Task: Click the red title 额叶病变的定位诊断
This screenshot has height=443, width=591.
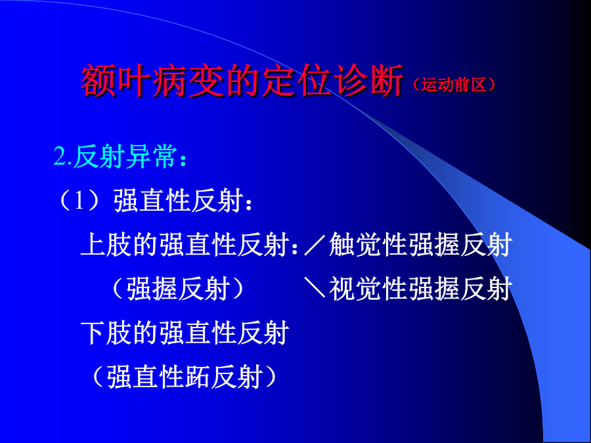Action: pyautogui.click(x=242, y=81)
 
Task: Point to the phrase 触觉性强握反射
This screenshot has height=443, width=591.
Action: pyautogui.click(x=421, y=245)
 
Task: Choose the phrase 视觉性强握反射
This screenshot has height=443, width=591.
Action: pyautogui.click(x=421, y=289)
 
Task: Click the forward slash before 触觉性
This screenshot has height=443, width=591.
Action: pyautogui.click(x=315, y=245)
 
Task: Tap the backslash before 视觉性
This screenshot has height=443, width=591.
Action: pyautogui.click(x=315, y=288)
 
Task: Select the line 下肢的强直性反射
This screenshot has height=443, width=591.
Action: pyautogui.click(x=185, y=333)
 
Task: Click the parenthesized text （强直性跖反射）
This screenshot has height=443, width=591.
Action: pyautogui.click(x=185, y=377)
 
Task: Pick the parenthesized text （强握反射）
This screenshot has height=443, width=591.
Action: pyautogui.click(x=178, y=289)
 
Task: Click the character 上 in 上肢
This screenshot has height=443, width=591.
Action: pyautogui.click(x=93, y=245)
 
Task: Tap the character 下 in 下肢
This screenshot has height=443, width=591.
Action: pyautogui.click(x=93, y=333)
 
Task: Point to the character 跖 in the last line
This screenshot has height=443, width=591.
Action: pyautogui.click(x=198, y=377)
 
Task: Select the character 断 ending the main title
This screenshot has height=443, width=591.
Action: pyautogui.click(x=386, y=81)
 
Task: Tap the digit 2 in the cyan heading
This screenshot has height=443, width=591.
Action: pyautogui.click(x=60, y=156)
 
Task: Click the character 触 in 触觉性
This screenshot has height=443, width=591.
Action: pyautogui.click(x=342, y=245)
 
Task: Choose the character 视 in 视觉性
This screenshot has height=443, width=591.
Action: pyautogui.click(x=342, y=289)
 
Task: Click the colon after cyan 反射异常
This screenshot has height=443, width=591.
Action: pyautogui.click(x=183, y=159)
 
